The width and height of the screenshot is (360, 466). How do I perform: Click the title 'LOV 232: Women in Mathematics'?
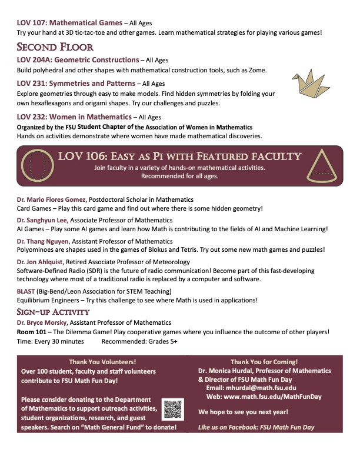74,116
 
